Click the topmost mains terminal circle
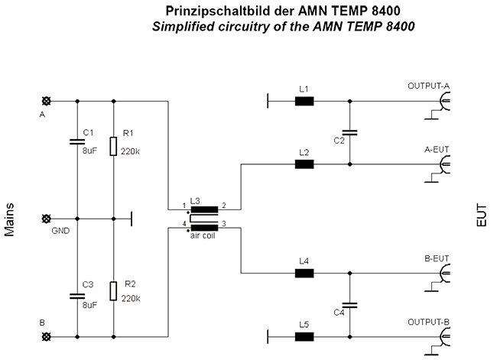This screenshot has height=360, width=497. (47, 102)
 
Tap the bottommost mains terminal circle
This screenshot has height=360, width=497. (47, 336)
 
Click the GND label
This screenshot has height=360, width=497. (63, 229)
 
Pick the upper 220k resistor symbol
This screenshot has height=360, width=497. (114, 144)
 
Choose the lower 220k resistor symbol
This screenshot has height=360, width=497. (114, 291)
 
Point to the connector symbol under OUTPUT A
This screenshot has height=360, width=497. (442, 102)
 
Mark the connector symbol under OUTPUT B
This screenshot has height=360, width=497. (442, 336)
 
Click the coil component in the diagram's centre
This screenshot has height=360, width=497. (203, 216)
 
